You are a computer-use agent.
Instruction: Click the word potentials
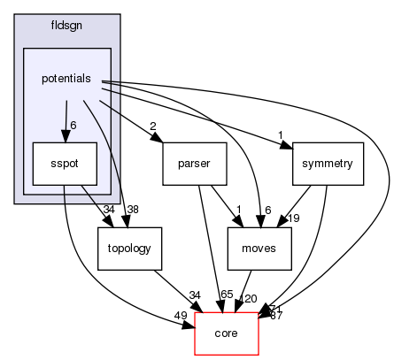pos(66,80)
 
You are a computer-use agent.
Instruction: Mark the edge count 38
pos(134,210)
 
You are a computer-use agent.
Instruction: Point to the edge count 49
pos(179,315)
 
